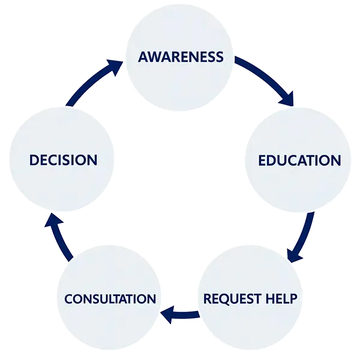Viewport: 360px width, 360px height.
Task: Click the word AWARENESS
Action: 181,58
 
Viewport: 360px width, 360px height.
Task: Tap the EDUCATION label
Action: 299,161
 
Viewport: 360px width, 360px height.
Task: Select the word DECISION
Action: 63,160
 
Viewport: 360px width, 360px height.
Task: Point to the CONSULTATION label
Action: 110,299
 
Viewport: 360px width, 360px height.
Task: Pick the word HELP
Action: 281,298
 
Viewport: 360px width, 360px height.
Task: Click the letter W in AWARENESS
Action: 155,58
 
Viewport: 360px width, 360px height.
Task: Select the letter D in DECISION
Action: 35,160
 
